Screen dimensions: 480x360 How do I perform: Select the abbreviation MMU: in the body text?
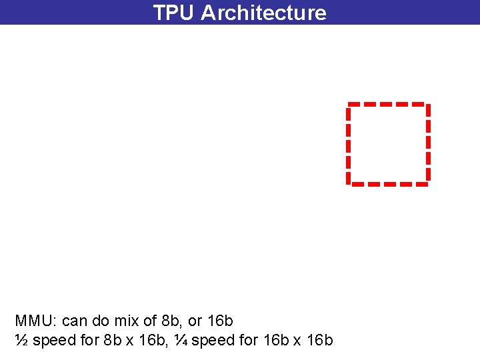click(35, 321)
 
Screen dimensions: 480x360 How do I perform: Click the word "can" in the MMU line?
click(74, 321)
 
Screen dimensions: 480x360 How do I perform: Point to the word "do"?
click(101, 321)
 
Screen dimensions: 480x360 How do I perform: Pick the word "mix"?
click(127, 321)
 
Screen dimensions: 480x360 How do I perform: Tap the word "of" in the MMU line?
click(150, 321)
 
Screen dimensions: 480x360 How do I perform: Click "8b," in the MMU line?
click(173, 321)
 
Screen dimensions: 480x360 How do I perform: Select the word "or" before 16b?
click(196, 321)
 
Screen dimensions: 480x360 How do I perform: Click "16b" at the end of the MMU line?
click(221, 321)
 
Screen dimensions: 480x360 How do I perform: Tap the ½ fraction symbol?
click(21, 341)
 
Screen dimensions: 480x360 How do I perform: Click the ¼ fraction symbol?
click(181, 341)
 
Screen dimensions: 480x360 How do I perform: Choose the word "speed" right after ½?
click(54, 341)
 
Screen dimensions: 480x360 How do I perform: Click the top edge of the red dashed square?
click(387, 104)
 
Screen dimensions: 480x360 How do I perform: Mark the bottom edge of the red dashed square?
click(387, 183)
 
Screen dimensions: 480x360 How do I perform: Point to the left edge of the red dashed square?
click(348, 143)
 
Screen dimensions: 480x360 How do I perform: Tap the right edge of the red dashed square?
click(427, 143)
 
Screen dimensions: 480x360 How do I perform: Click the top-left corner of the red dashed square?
click(349, 105)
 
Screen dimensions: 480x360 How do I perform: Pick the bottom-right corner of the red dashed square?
click(427, 182)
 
